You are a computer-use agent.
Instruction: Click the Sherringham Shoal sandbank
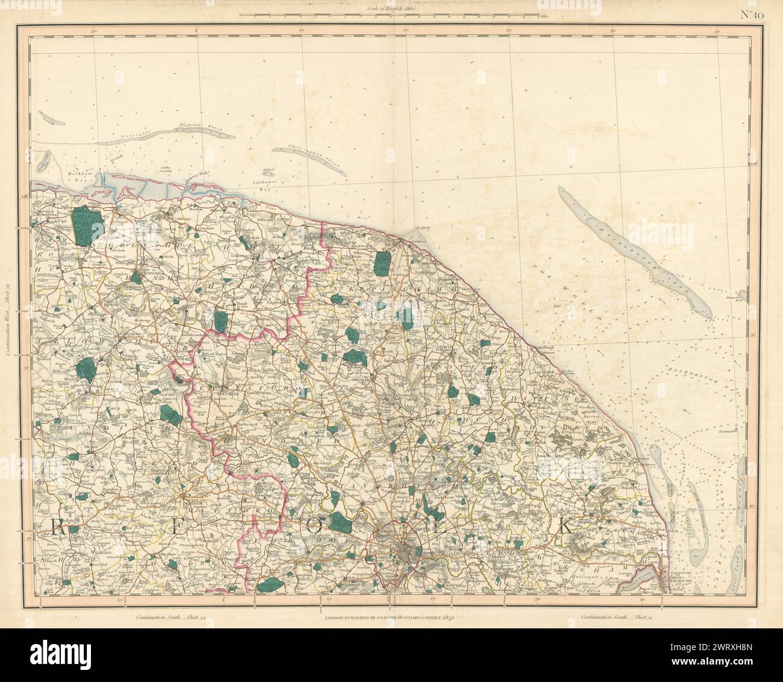click(x=309, y=161)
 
